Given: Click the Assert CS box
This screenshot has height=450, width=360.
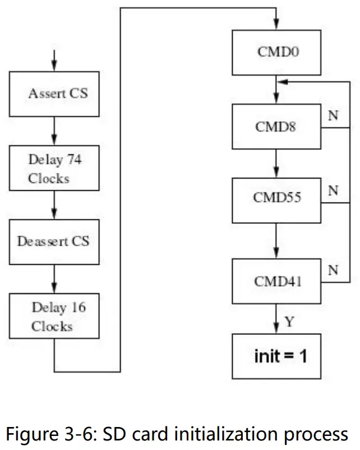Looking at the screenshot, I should (54, 94).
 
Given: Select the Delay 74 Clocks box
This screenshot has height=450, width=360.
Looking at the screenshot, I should (54, 168).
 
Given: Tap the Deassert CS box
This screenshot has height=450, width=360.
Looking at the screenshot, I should (54, 242).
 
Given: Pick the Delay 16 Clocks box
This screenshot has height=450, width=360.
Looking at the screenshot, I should (54, 316).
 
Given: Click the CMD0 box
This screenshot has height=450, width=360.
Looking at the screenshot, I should (276, 53).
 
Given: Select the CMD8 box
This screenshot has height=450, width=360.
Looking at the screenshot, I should (276, 127).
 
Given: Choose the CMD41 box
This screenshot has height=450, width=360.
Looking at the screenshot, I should (276, 281).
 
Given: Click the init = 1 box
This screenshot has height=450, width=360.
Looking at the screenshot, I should (276, 356).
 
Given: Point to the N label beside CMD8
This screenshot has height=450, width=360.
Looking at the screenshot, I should (333, 116).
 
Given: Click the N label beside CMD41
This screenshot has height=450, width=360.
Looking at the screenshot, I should (333, 270).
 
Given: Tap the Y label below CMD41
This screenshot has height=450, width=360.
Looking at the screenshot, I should (289, 322).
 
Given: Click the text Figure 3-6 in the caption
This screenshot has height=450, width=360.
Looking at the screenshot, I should (48, 434).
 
